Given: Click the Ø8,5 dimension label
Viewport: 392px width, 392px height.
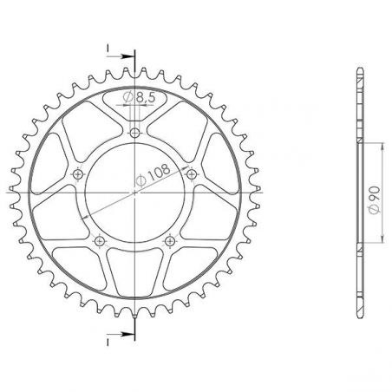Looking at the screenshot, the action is coord(139,97).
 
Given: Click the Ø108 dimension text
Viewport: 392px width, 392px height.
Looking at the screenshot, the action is coord(153,175).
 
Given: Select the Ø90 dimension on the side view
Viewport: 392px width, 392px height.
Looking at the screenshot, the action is coord(375,200).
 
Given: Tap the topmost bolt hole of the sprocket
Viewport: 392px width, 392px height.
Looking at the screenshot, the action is coord(134,134).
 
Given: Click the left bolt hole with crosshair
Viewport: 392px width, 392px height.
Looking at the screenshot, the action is coord(77,174).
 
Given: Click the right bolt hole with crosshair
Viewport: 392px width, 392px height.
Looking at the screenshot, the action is coord(191,174).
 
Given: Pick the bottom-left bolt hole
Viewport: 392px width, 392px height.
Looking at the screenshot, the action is coord(100,240).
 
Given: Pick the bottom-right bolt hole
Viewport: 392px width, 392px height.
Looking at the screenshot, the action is coord(169,240).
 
